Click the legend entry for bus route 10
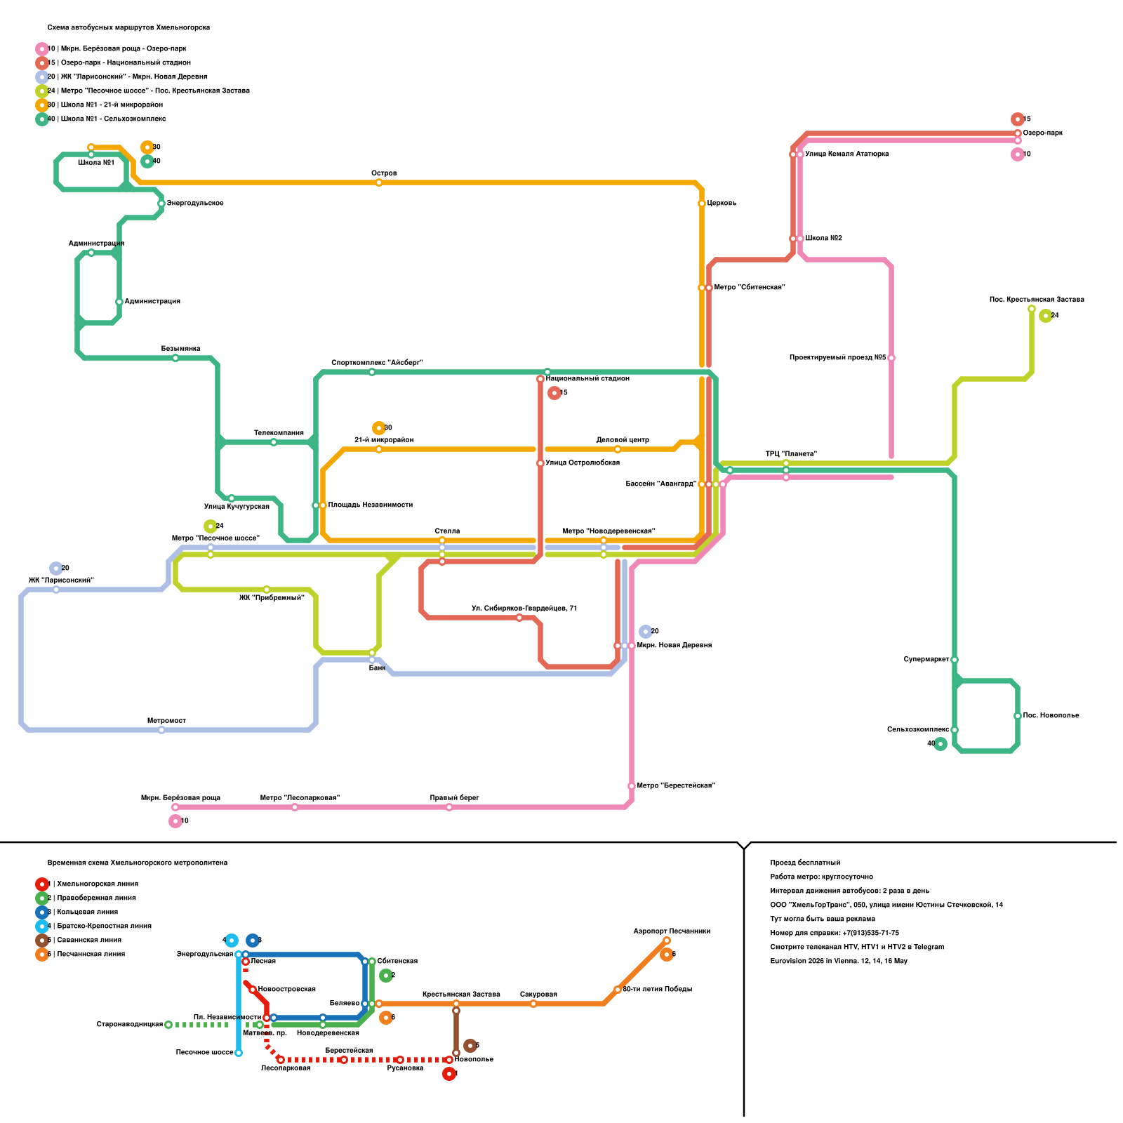tap(117, 49)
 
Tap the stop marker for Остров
tap(379, 182)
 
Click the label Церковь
tap(722, 204)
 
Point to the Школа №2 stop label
tap(823, 239)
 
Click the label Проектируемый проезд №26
tap(837, 358)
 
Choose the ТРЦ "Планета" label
tap(791, 454)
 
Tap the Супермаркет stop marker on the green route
tap(955, 660)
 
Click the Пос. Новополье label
tap(1051, 716)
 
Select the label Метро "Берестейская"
tap(675, 786)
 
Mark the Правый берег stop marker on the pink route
tap(449, 807)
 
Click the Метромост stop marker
tap(161, 730)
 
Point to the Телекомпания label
tap(279, 433)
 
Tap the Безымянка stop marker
tap(175, 358)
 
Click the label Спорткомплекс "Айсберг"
tap(377, 363)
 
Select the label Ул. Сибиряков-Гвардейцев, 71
tap(524, 609)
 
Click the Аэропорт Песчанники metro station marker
tap(667, 941)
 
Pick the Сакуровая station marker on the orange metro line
tap(533, 1004)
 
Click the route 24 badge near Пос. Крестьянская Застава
tap(1046, 316)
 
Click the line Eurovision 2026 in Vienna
tap(838, 962)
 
